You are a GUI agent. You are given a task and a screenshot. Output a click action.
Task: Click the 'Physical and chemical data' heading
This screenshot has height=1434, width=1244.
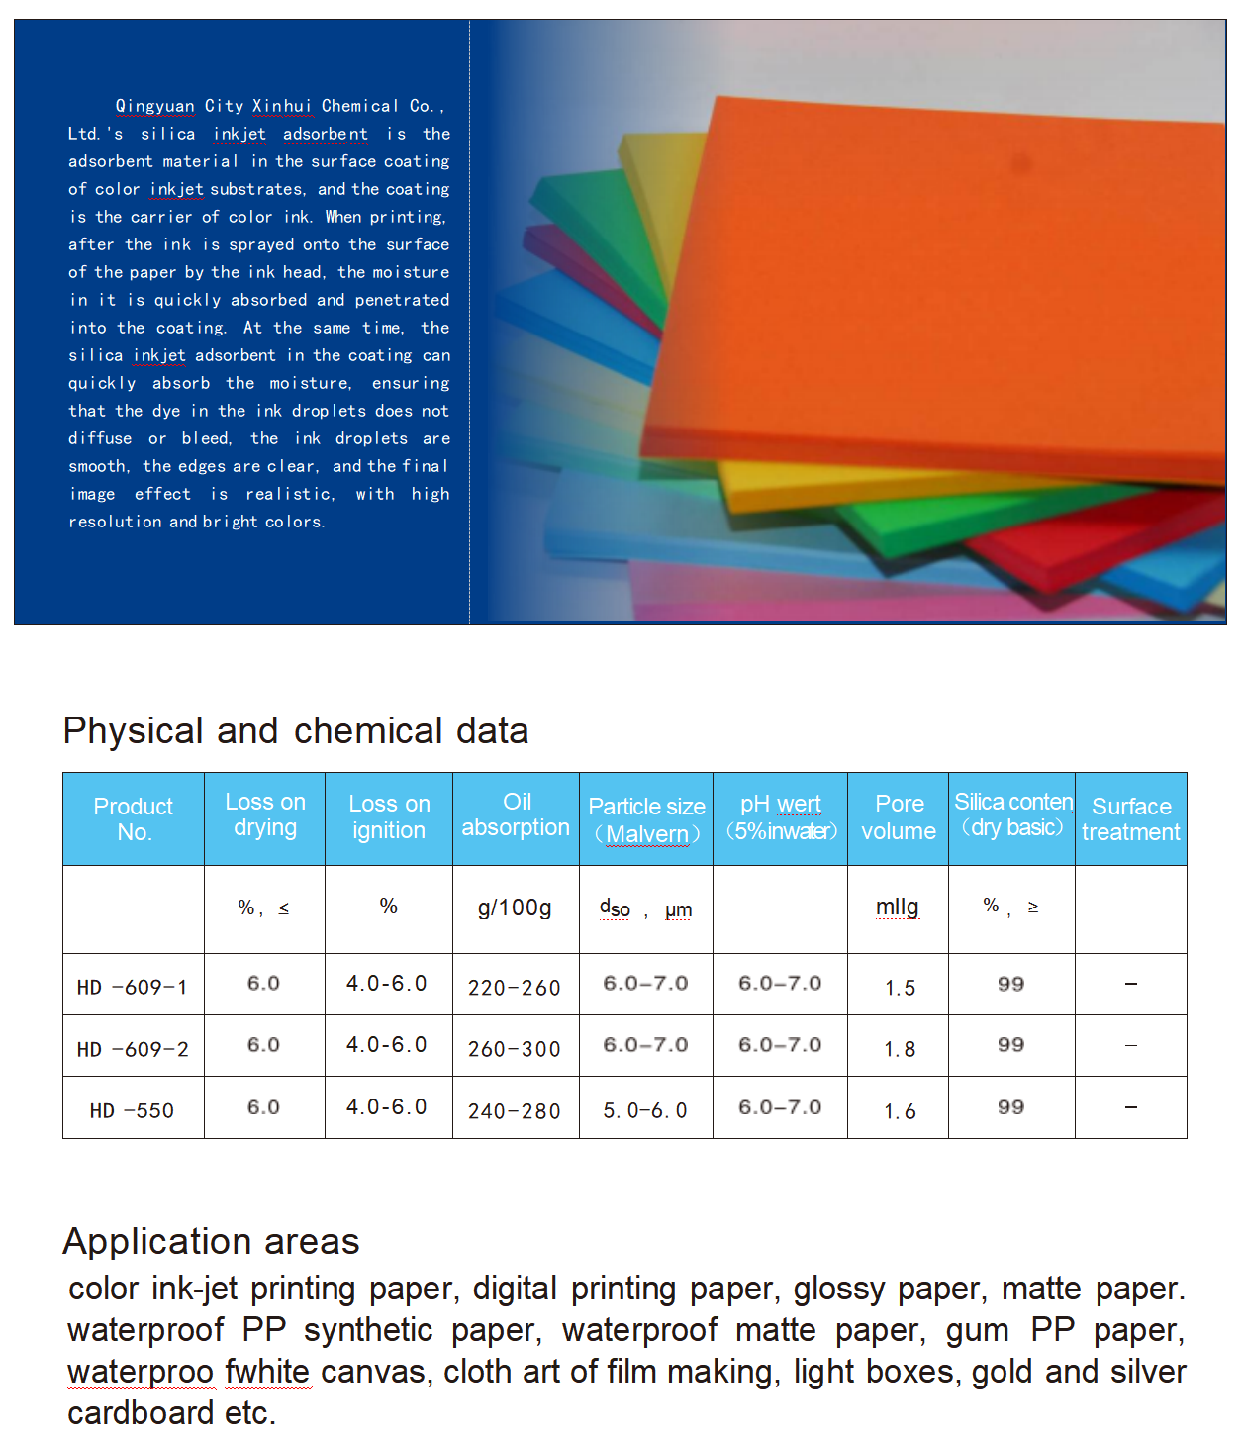point(295,731)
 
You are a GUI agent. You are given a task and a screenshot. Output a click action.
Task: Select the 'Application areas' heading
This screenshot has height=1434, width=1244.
point(211,1241)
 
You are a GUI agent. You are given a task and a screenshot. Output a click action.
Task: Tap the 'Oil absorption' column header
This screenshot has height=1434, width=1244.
point(516,815)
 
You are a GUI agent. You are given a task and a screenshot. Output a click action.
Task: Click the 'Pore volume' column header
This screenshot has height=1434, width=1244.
point(899,817)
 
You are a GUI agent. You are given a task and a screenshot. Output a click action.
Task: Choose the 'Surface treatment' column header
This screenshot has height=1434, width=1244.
point(1130,819)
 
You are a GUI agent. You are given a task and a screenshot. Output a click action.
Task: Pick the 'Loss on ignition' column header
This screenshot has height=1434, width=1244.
point(389,817)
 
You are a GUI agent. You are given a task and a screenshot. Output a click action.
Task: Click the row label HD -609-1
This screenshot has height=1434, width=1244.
point(133,987)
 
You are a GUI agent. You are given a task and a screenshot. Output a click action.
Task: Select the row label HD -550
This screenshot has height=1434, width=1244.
point(133,1110)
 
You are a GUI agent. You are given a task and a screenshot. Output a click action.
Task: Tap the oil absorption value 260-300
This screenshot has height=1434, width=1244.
point(515,1049)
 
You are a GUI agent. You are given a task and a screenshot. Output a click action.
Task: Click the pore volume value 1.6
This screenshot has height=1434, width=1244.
point(900,1111)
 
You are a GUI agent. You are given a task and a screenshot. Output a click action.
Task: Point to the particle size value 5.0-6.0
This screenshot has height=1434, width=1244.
point(645,1110)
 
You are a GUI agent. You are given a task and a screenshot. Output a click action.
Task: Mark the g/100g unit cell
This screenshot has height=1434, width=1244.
point(515,908)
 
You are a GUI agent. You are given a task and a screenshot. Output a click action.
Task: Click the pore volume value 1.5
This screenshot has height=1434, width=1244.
point(900,988)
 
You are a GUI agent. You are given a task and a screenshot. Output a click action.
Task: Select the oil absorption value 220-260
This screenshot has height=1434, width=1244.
point(515,988)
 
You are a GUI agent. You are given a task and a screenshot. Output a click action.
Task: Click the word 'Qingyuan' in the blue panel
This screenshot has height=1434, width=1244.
point(155,106)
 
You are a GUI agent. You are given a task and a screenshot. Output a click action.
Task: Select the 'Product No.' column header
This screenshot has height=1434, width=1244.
point(134,819)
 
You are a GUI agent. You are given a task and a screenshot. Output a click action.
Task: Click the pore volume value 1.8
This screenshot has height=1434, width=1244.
point(900,1049)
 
